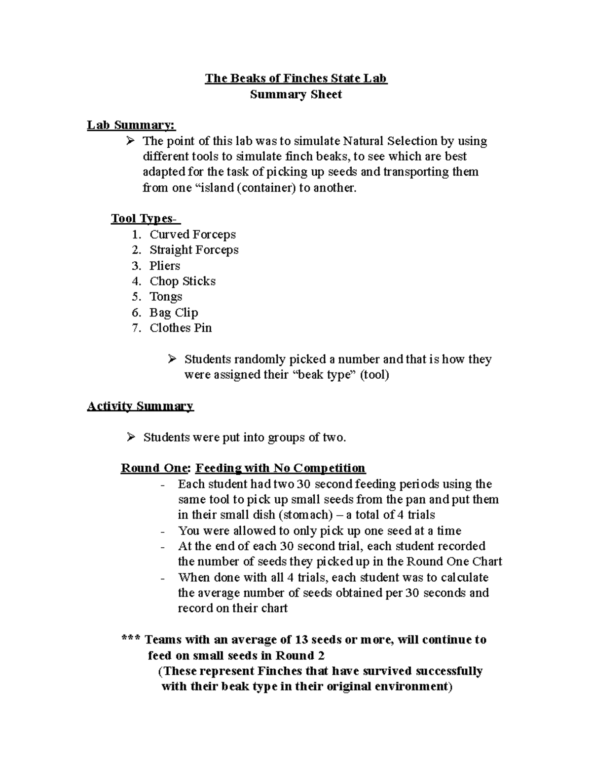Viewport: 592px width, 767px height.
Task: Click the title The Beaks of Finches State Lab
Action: point(296,79)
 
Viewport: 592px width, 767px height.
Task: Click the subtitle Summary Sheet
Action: point(296,94)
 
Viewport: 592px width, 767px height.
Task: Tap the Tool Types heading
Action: point(146,218)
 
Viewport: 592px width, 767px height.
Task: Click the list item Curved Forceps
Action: point(192,234)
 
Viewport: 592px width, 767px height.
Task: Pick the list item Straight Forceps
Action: point(194,250)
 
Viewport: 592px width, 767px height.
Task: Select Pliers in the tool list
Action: point(165,266)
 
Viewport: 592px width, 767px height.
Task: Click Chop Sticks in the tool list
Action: point(183,281)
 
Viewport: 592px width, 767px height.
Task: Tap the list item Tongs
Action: point(166,296)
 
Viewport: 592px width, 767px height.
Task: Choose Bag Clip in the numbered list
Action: point(174,312)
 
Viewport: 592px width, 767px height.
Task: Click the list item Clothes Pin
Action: point(181,328)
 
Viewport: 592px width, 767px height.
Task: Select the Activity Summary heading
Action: point(140,406)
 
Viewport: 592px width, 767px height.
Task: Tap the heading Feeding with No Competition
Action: point(280,468)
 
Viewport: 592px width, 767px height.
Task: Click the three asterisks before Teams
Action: point(131,640)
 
